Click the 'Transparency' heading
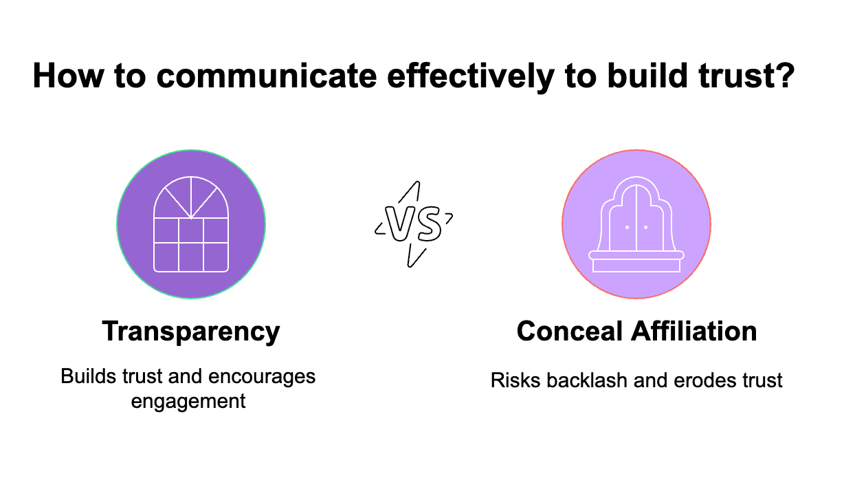(191, 332)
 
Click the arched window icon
(191, 225)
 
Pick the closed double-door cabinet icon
(636, 225)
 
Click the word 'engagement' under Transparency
(188, 400)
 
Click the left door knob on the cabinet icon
(627, 226)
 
